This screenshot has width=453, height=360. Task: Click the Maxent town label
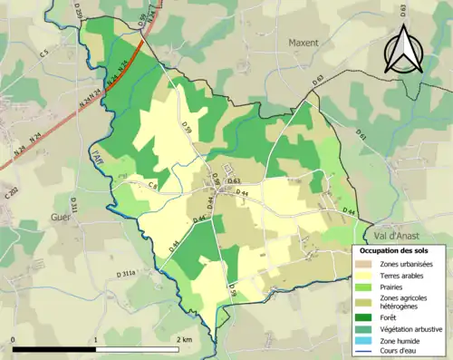tap(304, 43)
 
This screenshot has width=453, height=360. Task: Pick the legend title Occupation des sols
tap(396, 250)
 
